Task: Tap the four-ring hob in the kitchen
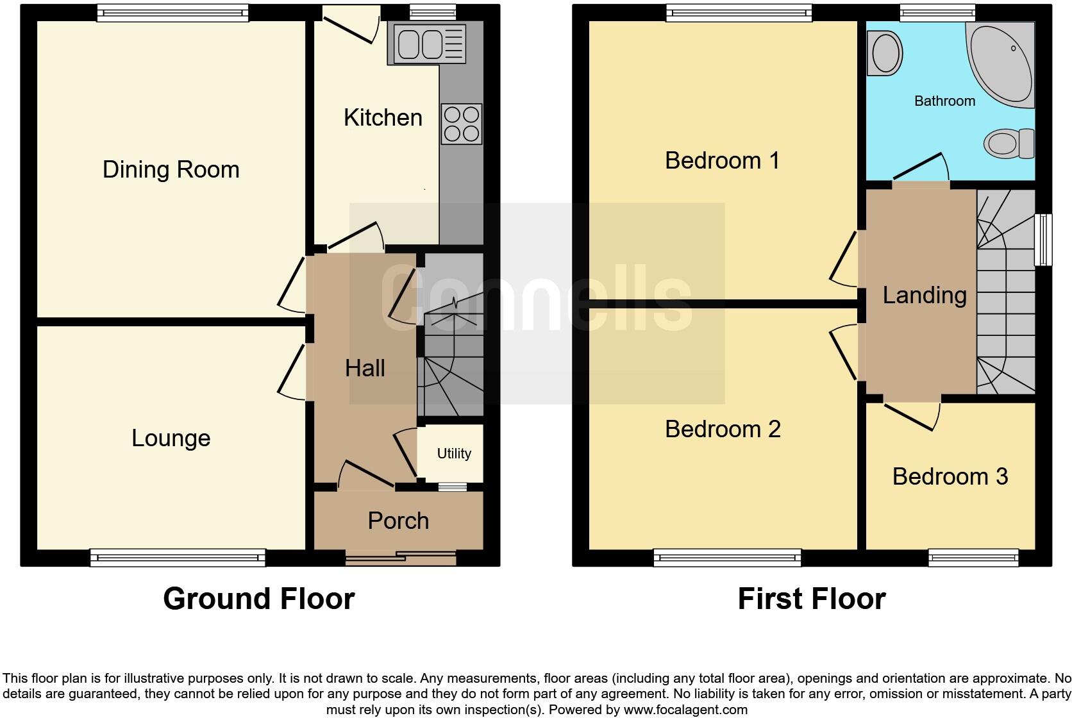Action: click(x=462, y=124)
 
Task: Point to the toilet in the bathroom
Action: click(x=1008, y=143)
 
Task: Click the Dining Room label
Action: click(x=171, y=169)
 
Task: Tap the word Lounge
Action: click(x=171, y=438)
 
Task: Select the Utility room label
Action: click(x=454, y=453)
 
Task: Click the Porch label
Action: click(x=398, y=521)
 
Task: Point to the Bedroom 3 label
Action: click(x=950, y=476)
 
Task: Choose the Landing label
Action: click(x=924, y=295)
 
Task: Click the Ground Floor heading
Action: click(x=258, y=599)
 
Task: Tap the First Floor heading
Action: click(x=811, y=599)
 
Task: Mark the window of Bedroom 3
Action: click(x=973, y=557)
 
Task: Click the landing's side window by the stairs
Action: click(x=1044, y=239)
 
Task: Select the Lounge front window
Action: click(x=178, y=557)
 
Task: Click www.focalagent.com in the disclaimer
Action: click(x=685, y=710)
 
